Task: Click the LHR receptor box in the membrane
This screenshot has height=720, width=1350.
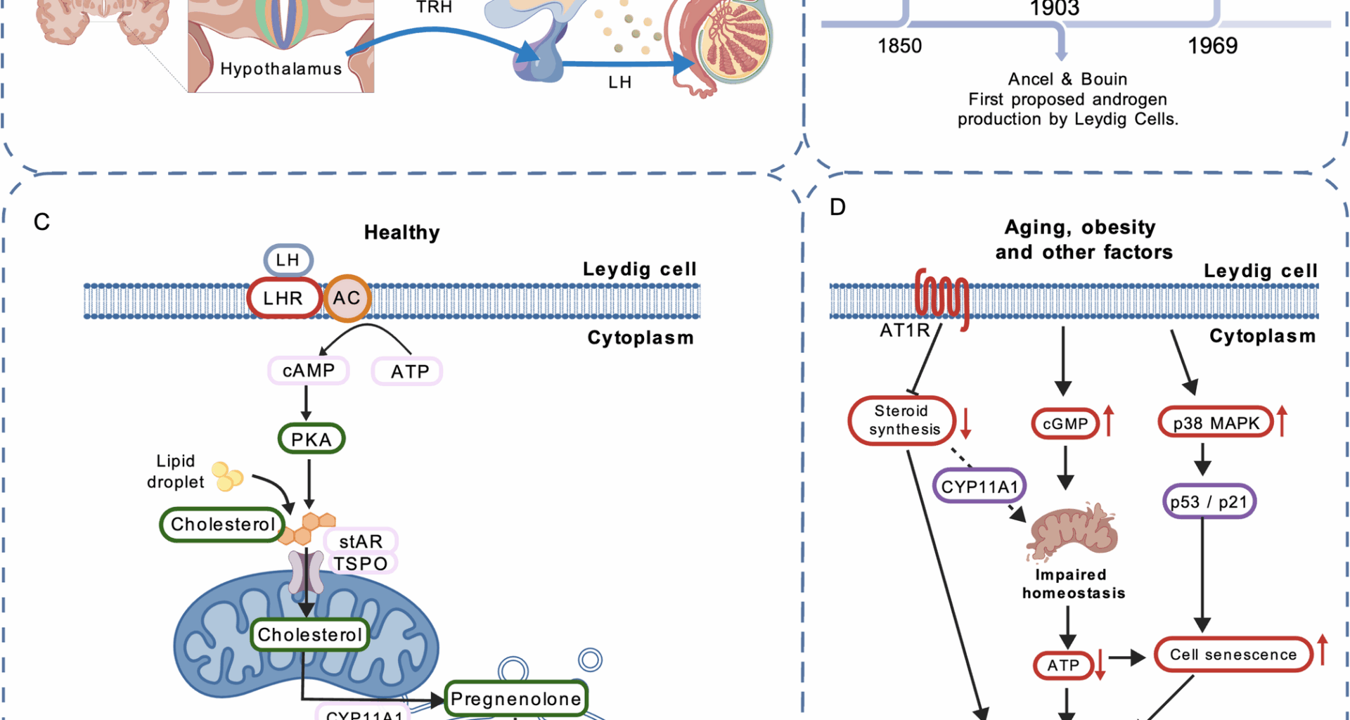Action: [283, 298]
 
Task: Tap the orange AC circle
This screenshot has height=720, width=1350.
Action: [347, 298]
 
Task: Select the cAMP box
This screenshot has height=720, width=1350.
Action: [309, 371]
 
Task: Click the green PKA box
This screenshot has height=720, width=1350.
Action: [311, 439]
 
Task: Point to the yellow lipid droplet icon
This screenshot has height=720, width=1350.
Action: [227, 476]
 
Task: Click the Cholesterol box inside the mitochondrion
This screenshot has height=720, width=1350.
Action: [309, 635]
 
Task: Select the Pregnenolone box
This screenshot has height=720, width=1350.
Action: [516, 698]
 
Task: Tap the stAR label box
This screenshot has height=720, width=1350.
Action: [361, 541]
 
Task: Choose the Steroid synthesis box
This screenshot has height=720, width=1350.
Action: [903, 420]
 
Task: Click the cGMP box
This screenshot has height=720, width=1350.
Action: [1065, 424]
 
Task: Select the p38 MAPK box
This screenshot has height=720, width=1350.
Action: [1216, 423]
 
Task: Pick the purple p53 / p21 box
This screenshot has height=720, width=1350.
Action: [1209, 502]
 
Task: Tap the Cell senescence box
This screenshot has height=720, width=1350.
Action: [1233, 655]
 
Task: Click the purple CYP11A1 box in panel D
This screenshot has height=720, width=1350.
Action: [979, 487]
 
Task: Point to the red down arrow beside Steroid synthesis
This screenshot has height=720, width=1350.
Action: [966, 422]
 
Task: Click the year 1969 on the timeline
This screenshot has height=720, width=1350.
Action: [1212, 46]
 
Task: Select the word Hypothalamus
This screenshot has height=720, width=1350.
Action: [281, 69]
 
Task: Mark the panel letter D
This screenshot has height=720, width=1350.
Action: [837, 207]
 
